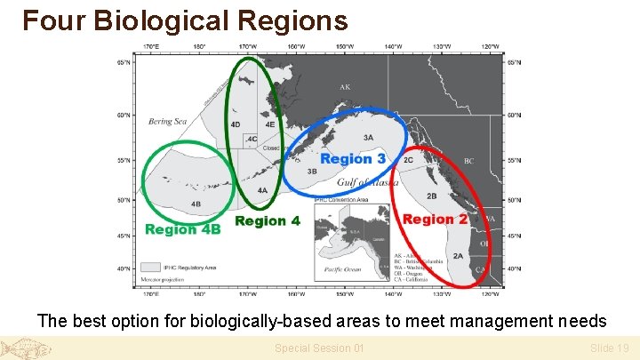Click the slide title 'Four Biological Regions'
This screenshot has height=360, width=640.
(x=185, y=20)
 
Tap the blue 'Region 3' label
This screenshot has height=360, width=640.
(x=353, y=158)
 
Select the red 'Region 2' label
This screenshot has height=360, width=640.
(x=436, y=219)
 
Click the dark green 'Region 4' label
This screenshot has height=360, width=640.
(x=268, y=220)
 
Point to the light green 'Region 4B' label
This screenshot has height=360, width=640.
(x=182, y=229)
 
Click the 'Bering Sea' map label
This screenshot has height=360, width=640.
(x=167, y=122)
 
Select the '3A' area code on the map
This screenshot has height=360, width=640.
(x=368, y=138)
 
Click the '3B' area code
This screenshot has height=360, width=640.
(x=312, y=171)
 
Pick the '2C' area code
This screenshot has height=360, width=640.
(x=408, y=160)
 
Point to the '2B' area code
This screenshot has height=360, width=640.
(x=432, y=196)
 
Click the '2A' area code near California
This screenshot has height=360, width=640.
(x=458, y=256)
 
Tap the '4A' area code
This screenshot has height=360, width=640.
(x=262, y=190)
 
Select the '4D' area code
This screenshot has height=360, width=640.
(x=235, y=124)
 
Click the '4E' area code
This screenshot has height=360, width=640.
(x=269, y=124)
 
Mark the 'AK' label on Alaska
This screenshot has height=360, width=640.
(x=345, y=87)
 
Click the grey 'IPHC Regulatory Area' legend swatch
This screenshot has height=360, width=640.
(x=151, y=266)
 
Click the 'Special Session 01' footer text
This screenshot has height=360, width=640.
(x=319, y=348)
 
